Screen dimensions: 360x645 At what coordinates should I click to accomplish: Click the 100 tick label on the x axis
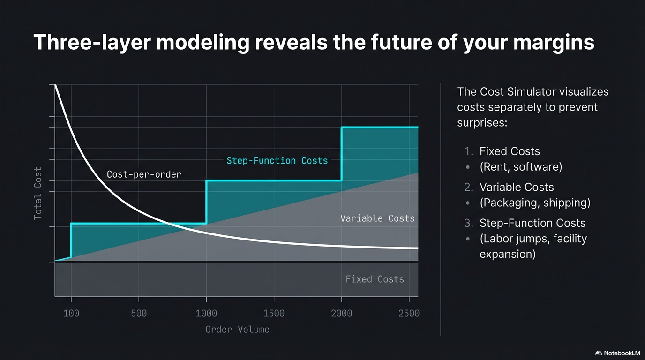coord(71,314)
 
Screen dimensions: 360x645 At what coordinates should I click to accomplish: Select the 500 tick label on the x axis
coord(139,314)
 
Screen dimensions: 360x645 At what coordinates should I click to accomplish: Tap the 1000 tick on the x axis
coord(206,314)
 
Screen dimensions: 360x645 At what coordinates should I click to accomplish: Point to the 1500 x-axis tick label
coord(274,314)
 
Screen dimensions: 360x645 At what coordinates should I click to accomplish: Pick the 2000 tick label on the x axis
coord(341,314)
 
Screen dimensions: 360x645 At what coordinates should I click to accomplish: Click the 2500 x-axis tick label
coord(409,314)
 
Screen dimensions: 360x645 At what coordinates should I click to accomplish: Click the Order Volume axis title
coord(237,330)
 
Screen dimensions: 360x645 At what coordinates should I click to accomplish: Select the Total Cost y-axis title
coord(38,193)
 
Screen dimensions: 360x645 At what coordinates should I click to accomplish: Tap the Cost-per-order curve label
coord(144,174)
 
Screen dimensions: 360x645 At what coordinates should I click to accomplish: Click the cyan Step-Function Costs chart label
coord(277,161)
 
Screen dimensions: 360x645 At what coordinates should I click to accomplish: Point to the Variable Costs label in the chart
coord(377,218)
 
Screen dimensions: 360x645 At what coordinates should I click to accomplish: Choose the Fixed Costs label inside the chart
coord(375,279)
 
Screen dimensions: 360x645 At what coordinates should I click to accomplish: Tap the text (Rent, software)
coord(521,167)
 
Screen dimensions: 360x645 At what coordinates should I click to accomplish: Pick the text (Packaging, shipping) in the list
coord(535,202)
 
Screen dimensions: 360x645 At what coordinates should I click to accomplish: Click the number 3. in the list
coord(469,223)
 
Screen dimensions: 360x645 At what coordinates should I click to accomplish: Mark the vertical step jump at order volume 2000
coord(342,154)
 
